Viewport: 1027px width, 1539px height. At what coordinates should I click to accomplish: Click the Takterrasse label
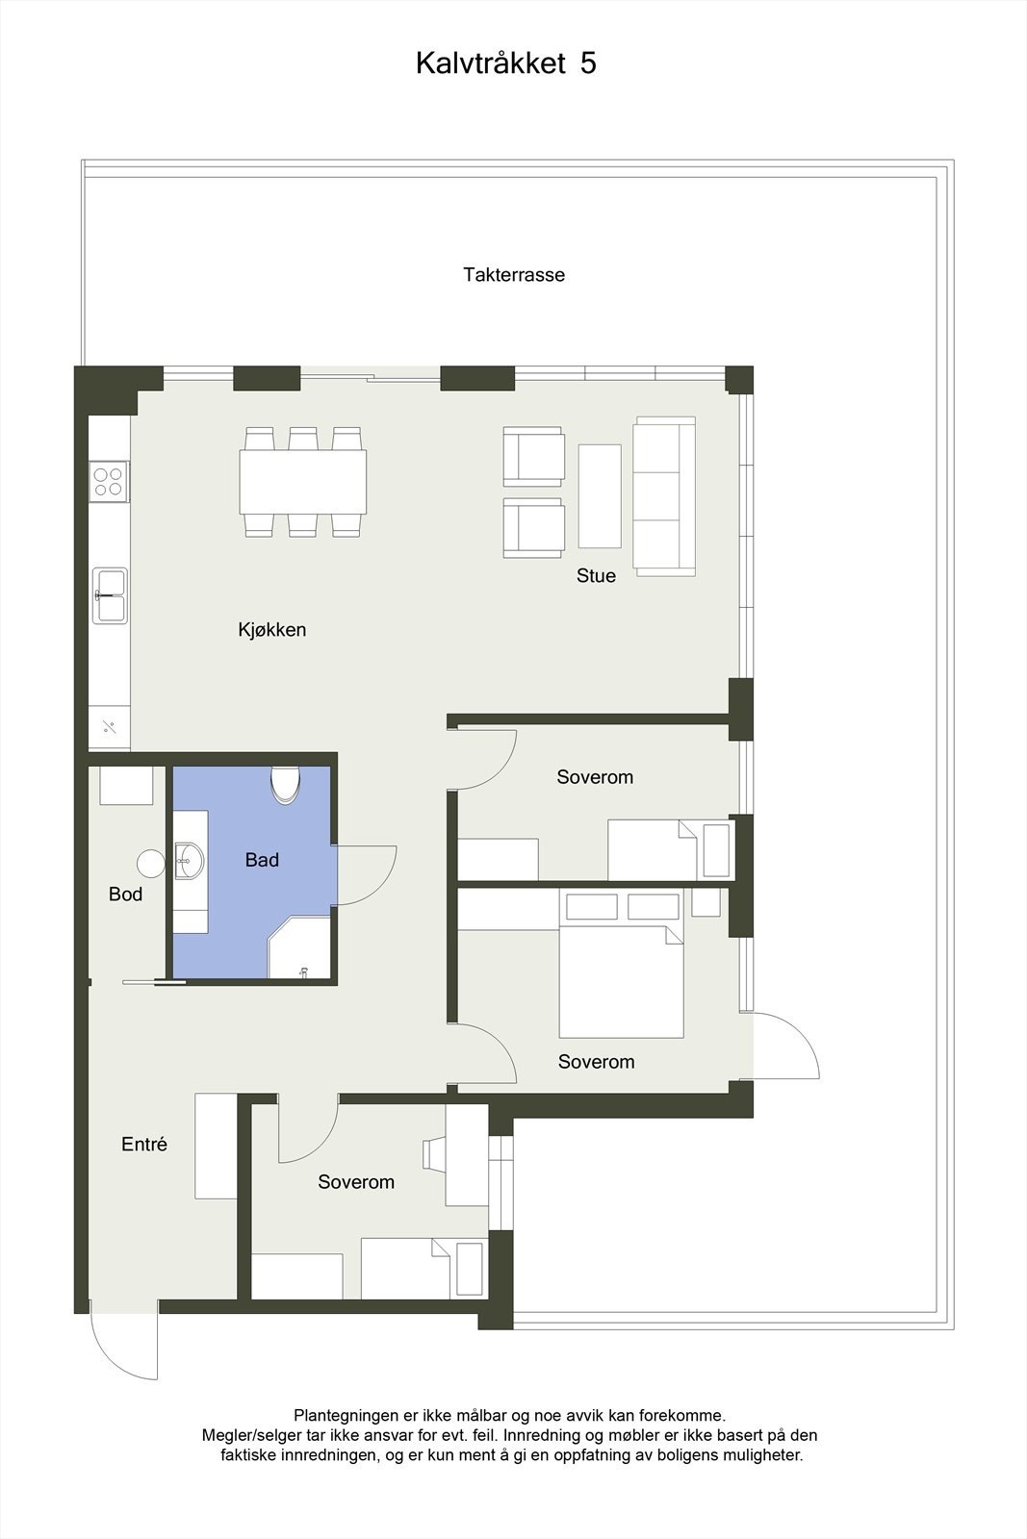(513, 275)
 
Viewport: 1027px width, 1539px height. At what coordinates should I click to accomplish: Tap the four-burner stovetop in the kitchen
(109, 481)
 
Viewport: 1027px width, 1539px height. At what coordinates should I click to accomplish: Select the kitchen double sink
(110, 595)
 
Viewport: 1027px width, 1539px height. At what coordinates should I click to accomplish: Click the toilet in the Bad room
(285, 784)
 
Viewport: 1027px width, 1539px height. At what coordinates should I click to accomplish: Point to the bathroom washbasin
(189, 859)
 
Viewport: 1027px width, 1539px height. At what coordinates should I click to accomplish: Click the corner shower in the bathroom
(300, 950)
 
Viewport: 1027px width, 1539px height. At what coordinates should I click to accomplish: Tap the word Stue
(596, 576)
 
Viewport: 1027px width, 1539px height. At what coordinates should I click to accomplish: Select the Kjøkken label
(272, 630)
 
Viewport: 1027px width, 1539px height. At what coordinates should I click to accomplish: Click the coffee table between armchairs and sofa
(600, 495)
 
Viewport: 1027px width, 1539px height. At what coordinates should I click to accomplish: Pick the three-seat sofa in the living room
(664, 496)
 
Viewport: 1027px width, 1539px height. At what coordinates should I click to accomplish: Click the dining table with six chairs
(302, 482)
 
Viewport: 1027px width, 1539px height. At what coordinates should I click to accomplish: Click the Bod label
(125, 895)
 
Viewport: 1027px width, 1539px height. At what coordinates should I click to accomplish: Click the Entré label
(144, 1145)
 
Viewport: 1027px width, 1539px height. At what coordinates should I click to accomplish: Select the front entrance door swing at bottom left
(125, 1347)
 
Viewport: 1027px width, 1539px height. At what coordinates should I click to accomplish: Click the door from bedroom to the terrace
(784, 1047)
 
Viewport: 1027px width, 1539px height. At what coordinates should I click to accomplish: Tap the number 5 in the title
(588, 63)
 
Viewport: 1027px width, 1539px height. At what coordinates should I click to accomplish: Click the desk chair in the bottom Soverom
(432, 1154)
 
